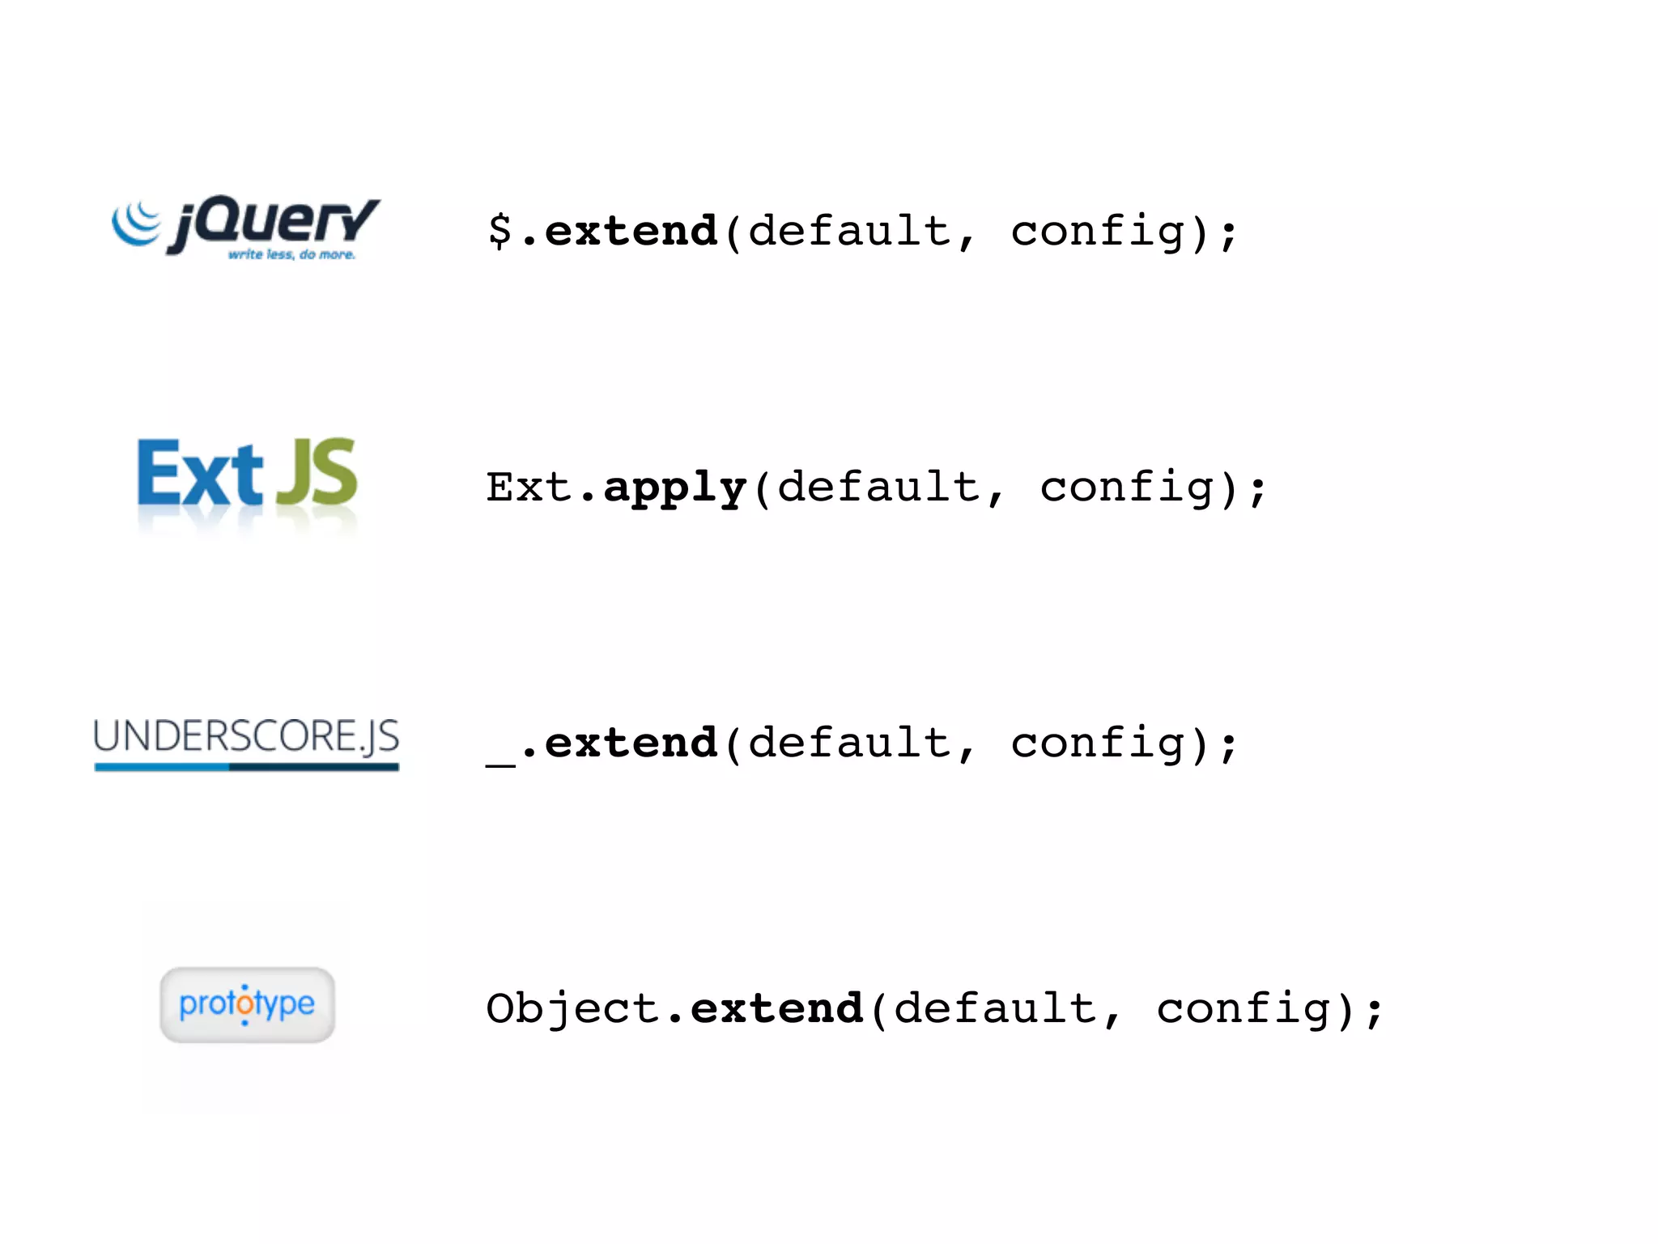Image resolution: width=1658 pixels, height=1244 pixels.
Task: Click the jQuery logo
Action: (245, 227)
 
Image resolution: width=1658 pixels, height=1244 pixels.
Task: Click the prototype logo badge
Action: (247, 1004)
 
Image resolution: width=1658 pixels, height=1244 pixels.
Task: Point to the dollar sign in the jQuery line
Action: (500, 231)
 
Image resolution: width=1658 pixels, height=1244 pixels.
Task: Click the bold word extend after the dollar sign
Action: (631, 232)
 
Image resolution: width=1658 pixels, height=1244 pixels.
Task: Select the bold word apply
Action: (674, 488)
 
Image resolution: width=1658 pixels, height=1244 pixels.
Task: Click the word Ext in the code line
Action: (529, 488)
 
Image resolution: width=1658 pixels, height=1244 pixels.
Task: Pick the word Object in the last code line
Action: (572, 1009)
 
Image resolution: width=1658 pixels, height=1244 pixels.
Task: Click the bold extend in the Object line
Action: (776, 1009)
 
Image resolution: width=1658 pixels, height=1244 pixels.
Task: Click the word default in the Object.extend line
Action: (995, 1009)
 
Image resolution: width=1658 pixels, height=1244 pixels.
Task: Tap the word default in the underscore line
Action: (849, 743)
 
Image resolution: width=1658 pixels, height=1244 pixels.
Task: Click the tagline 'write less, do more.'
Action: (291, 255)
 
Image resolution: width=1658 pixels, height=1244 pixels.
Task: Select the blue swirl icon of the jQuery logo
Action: (136, 222)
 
